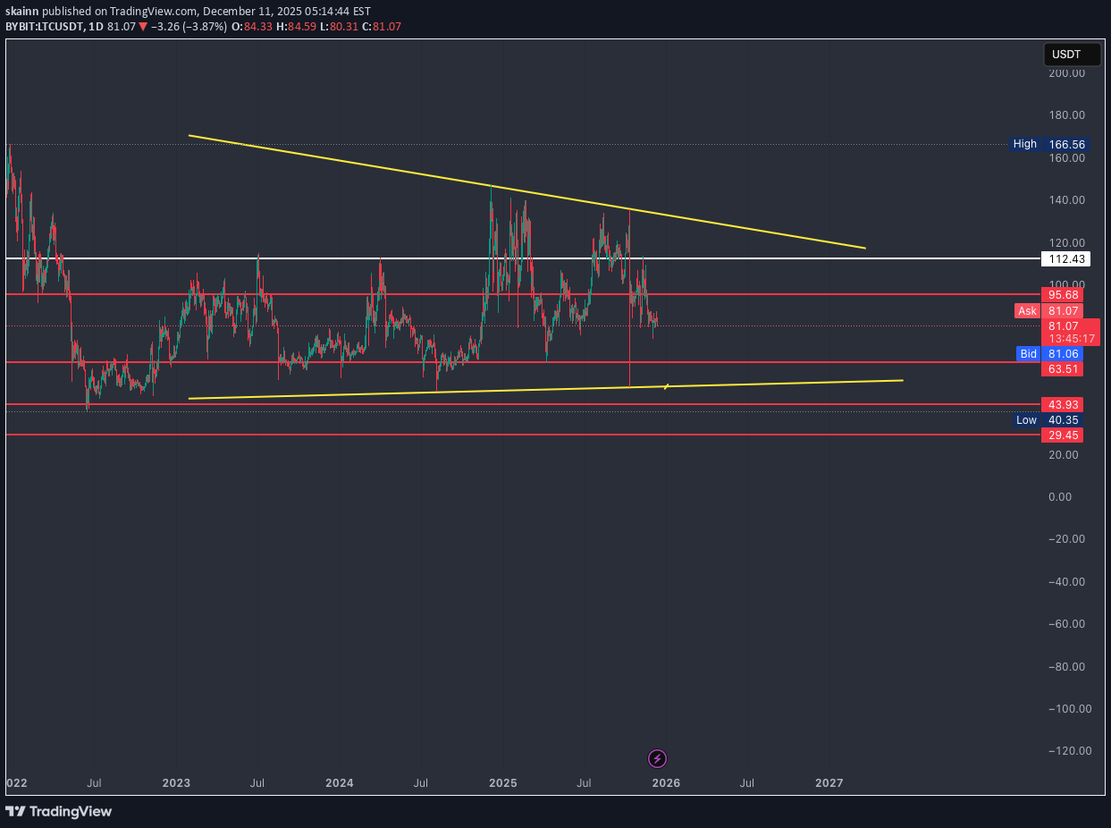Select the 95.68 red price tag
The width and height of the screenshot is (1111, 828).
[1063, 294]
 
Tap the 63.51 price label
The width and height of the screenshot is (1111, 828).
[1063, 368]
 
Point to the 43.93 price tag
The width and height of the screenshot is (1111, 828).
[1063, 404]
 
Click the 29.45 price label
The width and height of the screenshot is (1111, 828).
[1063, 435]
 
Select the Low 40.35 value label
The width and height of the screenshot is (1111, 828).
[1063, 419]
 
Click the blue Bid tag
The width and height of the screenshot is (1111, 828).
[1028, 354]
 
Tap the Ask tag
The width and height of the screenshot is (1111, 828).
[1027, 311]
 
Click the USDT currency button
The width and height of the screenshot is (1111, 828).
[1066, 55]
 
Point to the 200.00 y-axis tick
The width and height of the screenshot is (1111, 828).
[1067, 73]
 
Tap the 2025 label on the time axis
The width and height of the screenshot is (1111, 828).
[503, 783]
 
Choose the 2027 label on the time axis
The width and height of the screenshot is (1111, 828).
[829, 783]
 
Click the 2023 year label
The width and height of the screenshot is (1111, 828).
[176, 783]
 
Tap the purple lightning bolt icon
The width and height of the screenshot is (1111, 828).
[657, 759]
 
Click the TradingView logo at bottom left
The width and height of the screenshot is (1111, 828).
[59, 811]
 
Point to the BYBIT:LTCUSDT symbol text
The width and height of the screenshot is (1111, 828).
[44, 27]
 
